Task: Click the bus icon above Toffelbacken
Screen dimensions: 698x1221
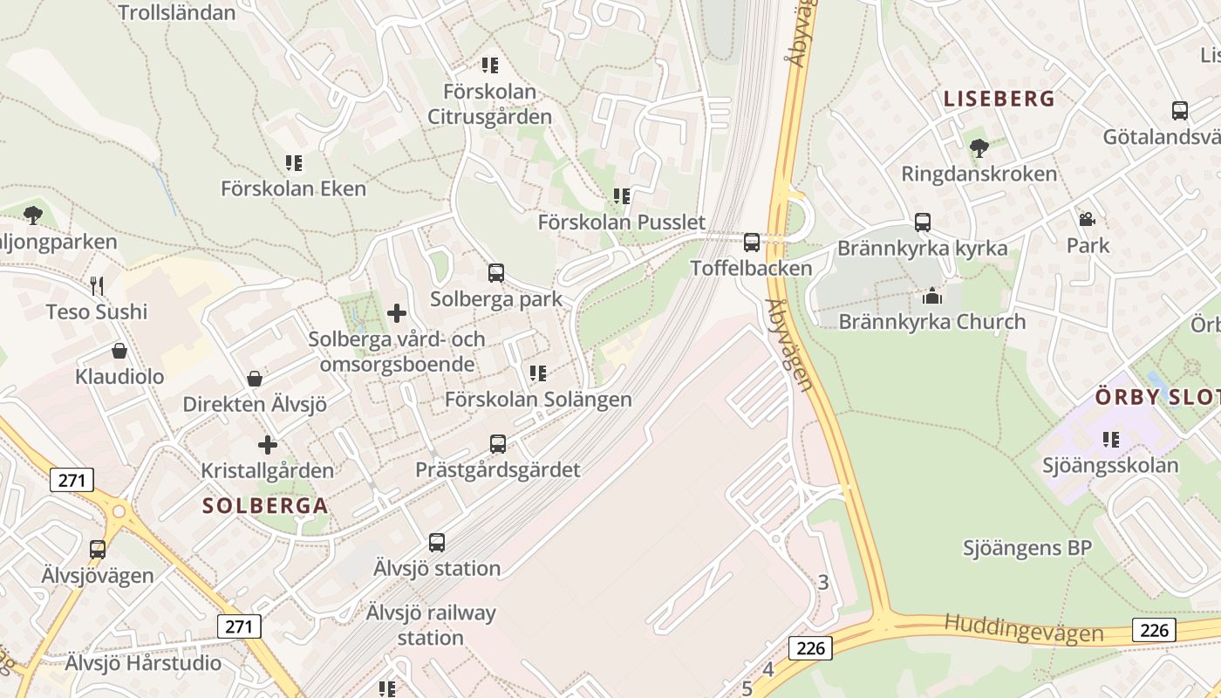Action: (751, 243)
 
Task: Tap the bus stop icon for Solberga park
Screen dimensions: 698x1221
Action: (496, 273)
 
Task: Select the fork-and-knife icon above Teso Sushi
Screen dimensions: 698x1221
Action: (97, 285)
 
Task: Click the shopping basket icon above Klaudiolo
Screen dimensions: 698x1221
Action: (119, 351)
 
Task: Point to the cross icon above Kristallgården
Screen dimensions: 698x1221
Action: (268, 445)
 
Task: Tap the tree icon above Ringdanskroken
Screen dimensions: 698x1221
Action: (979, 148)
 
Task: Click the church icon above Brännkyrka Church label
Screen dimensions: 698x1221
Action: (932, 296)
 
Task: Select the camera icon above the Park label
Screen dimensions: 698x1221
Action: (1087, 220)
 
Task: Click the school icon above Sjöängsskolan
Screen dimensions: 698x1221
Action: (1110, 439)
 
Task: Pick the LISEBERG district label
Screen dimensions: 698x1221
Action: (999, 99)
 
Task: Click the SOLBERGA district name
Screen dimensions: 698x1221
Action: (265, 505)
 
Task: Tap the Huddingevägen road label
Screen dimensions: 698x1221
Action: (1024, 627)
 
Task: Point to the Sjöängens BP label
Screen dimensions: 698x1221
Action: (1027, 548)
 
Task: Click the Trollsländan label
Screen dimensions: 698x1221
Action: (176, 12)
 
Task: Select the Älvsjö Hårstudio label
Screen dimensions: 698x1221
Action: (144, 663)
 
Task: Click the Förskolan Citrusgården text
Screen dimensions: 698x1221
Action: (489, 104)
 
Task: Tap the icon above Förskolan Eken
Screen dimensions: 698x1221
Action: (294, 162)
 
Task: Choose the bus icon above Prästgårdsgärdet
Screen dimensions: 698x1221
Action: (498, 444)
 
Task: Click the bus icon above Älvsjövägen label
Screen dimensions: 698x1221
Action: (98, 550)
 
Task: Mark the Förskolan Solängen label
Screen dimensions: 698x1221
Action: (538, 400)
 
